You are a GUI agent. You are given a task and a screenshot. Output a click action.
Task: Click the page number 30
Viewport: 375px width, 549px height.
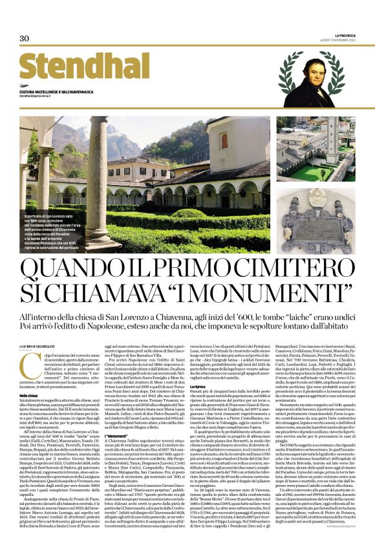(x=25, y=38)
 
